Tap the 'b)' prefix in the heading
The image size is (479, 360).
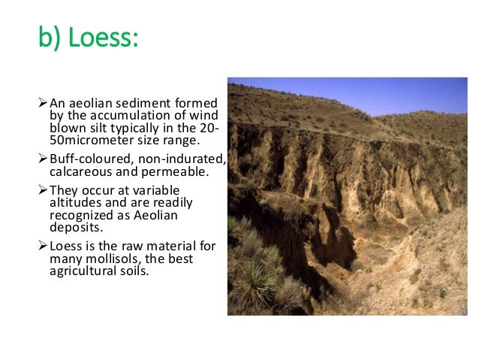pyautogui.click(x=51, y=38)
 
